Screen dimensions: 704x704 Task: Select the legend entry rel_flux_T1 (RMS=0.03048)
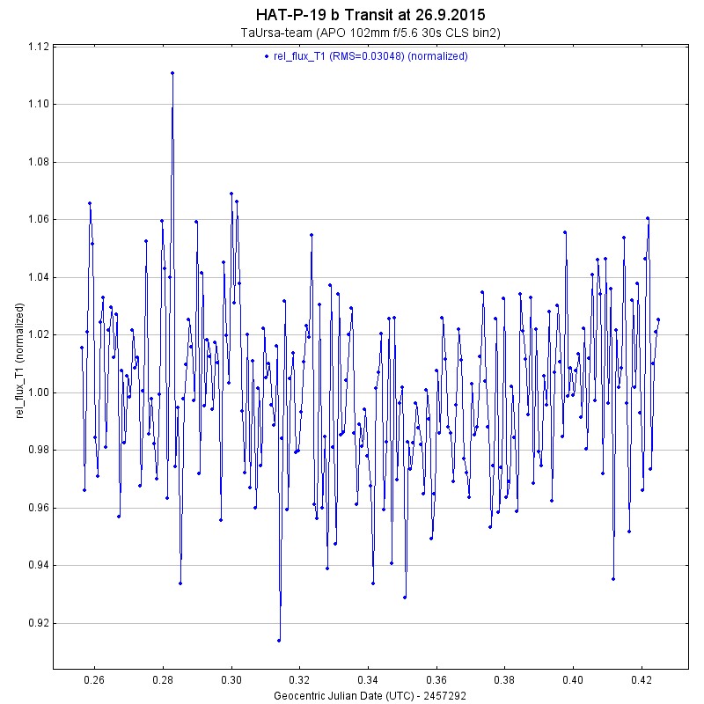pyautogui.click(x=370, y=56)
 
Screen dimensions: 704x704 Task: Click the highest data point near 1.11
pyautogui.click(x=172, y=73)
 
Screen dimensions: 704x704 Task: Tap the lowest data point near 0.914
pyautogui.click(x=279, y=640)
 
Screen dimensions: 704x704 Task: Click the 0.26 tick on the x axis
pyautogui.click(x=94, y=680)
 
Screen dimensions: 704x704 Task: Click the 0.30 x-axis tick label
pyautogui.click(x=231, y=680)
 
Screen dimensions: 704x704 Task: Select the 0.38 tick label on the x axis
pyautogui.click(x=505, y=680)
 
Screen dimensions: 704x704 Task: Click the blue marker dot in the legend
pyautogui.click(x=266, y=56)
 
